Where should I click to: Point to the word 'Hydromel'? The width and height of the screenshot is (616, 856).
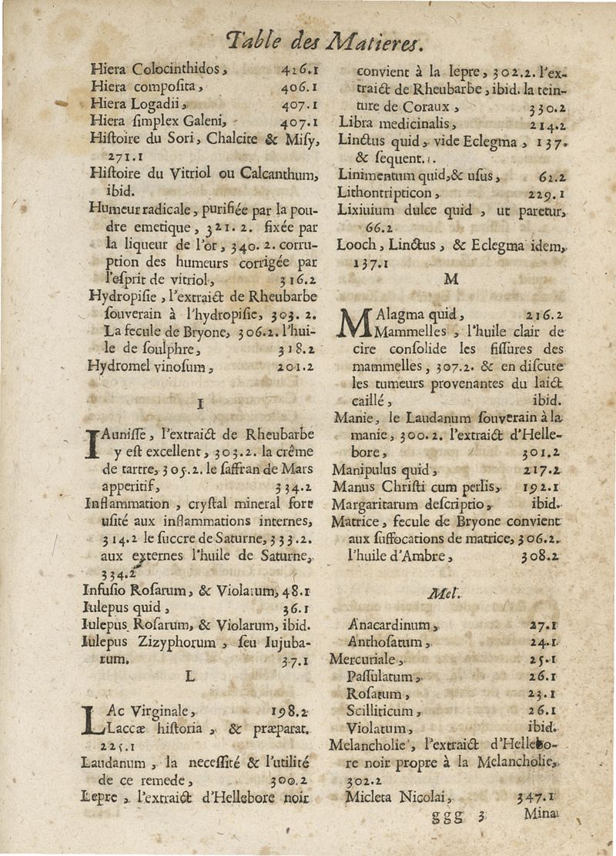click(x=118, y=367)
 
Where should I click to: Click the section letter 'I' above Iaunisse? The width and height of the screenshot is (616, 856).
click(x=199, y=403)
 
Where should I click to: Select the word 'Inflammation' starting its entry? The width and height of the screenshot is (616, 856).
click(x=126, y=504)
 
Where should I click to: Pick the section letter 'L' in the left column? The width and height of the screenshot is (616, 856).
click(x=190, y=676)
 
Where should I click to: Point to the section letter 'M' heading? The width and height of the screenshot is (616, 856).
click(x=450, y=278)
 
